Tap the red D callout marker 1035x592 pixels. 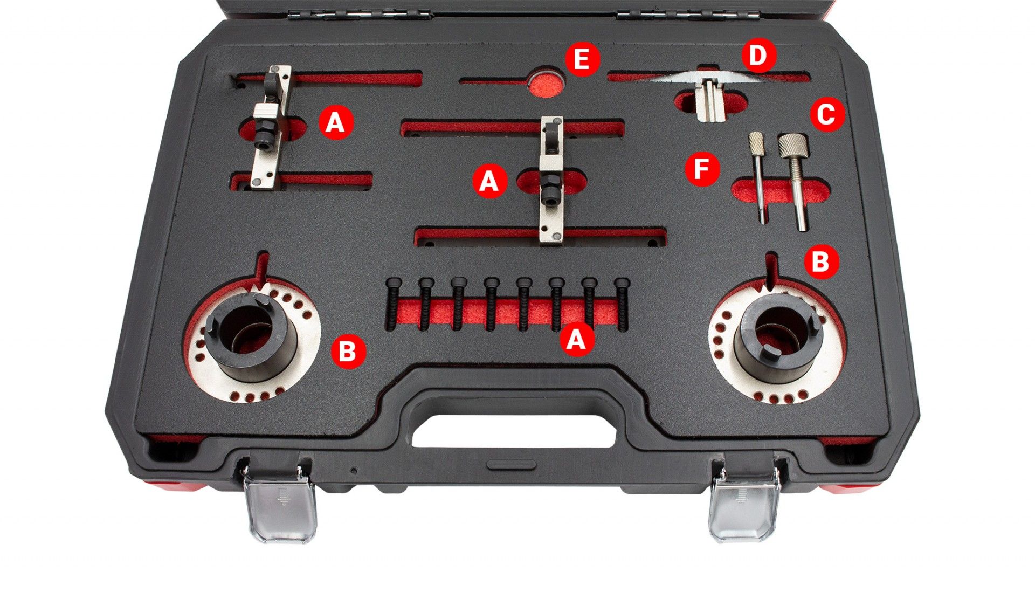(x=758, y=56)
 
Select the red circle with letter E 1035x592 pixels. (x=582, y=59)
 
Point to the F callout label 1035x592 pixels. (x=702, y=169)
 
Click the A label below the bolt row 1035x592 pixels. (x=577, y=340)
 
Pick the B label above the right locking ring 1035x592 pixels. (x=821, y=261)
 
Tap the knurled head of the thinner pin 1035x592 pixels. (x=756, y=143)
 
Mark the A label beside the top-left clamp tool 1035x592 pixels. (x=335, y=122)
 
